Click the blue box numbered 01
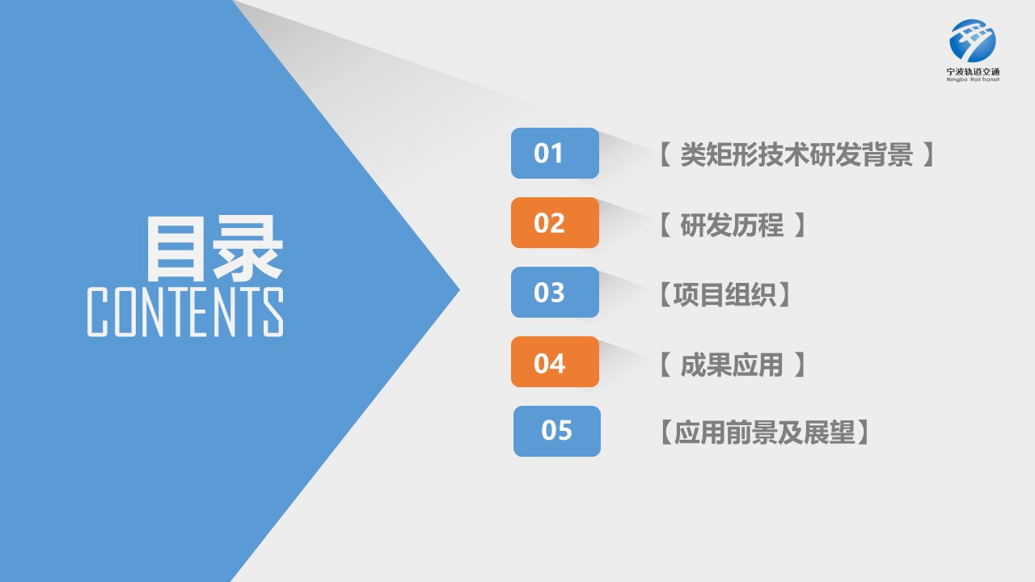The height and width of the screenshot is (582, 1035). tap(555, 154)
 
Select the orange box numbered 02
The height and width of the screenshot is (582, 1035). tap(555, 222)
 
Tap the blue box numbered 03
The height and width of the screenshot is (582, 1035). tap(555, 292)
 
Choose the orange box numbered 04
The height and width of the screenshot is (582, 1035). tap(555, 361)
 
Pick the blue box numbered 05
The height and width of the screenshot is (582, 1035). tap(557, 432)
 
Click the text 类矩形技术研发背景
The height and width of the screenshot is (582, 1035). tap(796, 154)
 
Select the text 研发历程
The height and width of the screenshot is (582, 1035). tap(732, 225)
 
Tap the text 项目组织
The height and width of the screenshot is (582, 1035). tap(724, 295)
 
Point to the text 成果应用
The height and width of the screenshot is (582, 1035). tap(732, 365)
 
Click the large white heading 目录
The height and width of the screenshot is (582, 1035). tap(214, 248)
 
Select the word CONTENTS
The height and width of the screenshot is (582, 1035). tap(185, 311)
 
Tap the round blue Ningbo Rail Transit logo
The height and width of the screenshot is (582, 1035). tap(973, 40)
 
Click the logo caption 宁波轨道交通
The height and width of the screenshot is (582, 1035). tap(973, 72)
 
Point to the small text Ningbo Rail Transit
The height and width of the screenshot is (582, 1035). tap(973, 79)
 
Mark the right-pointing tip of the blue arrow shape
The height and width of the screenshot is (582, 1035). tap(460, 290)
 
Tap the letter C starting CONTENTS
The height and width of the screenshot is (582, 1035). tap(98, 312)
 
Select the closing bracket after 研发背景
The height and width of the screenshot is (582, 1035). tap(928, 154)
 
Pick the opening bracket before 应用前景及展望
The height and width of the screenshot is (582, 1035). tap(665, 432)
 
